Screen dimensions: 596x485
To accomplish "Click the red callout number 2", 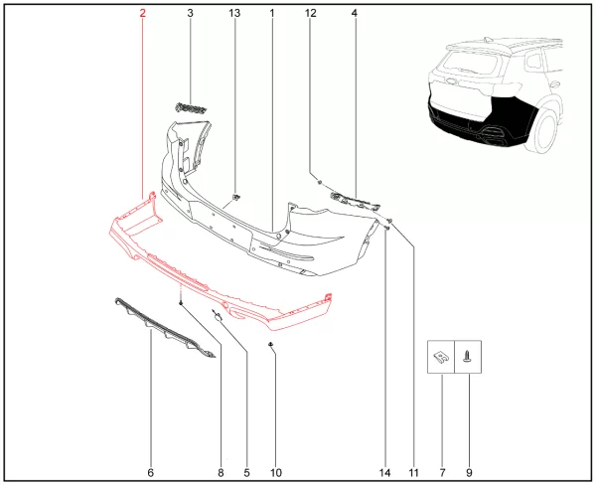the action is (142, 13).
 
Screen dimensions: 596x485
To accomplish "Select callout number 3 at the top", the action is (190, 13).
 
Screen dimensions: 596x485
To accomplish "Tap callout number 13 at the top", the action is (234, 13).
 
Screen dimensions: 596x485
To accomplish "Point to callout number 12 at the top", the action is (311, 13).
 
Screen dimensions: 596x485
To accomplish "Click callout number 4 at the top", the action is (355, 13).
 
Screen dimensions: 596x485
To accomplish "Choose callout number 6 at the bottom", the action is (151, 473).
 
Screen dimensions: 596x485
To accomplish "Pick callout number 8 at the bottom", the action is (221, 473).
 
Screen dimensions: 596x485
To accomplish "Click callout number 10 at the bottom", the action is (276, 473).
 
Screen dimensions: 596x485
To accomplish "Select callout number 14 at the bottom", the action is (384, 473).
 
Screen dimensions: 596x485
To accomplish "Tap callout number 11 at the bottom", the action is (413, 473).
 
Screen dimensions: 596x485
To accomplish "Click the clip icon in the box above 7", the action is (440, 357).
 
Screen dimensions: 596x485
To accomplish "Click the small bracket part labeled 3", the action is (191, 108).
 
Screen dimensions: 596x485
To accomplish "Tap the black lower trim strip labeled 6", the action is (164, 328).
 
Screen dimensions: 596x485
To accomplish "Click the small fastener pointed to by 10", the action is (270, 344).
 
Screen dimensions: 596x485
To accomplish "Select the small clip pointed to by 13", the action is (236, 197).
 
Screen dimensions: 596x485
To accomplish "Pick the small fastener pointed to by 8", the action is (181, 303).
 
